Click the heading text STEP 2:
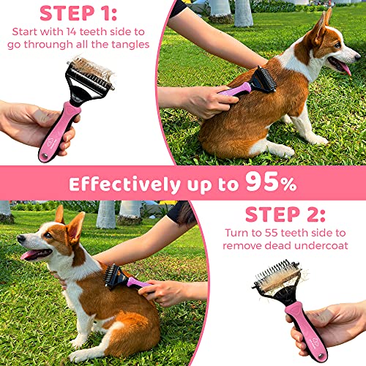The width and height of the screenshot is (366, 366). pyautogui.click(x=286, y=214)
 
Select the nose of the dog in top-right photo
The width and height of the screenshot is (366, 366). pyautogui.click(x=358, y=53)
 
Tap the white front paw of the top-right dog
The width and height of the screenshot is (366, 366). pyautogui.click(x=320, y=138)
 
